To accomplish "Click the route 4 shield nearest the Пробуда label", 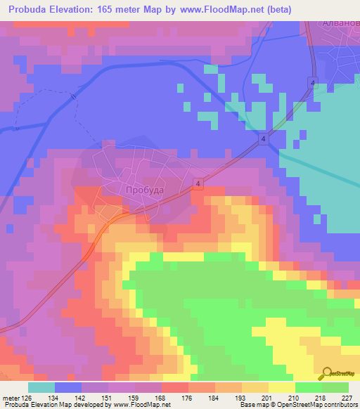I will pyautogui.click(x=199, y=183).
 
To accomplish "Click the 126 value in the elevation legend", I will pyautogui.click(x=27, y=397).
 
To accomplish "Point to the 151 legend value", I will pyautogui.click(x=105, y=397).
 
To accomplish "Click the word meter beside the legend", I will pyautogui.click(x=10, y=397).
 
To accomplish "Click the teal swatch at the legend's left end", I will pyautogui.click(x=41, y=387).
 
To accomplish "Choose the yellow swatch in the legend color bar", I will pyautogui.click(x=282, y=387).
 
